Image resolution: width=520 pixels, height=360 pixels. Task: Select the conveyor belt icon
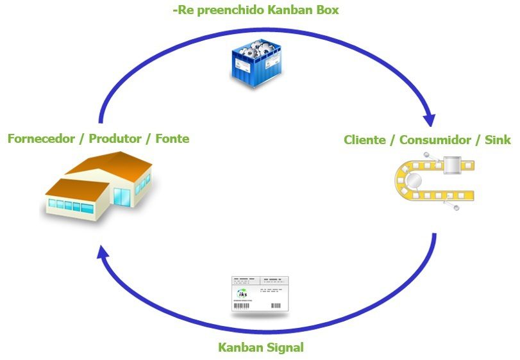click(433, 182)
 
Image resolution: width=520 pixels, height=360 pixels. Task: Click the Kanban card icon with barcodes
click(260, 294)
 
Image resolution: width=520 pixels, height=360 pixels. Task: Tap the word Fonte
click(172, 138)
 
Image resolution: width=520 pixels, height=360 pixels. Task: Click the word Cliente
click(364, 140)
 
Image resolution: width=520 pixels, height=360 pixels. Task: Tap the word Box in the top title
click(324, 10)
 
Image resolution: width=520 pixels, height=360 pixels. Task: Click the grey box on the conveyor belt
click(453, 165)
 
